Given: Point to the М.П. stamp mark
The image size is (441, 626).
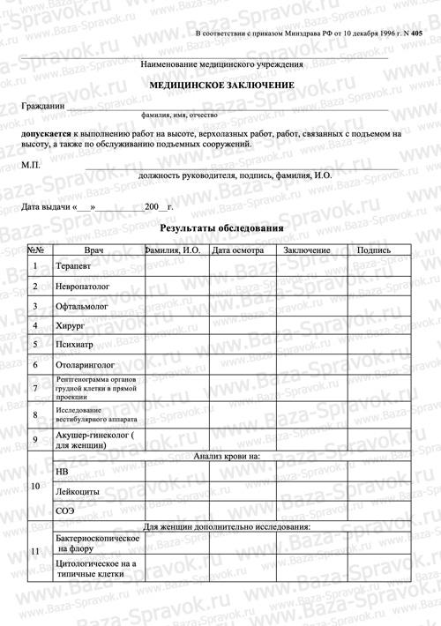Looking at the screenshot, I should pos(31,165).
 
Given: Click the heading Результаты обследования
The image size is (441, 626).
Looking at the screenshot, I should pos(220,229).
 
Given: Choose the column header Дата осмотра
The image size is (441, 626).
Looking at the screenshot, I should pos(238,250).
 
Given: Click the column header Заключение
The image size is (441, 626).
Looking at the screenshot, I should pos(307,250).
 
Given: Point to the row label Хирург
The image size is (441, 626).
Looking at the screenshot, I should pos(71,325).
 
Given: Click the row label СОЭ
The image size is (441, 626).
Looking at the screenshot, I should pos(64,510).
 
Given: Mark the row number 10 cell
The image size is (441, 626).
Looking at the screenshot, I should pos(35,487).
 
